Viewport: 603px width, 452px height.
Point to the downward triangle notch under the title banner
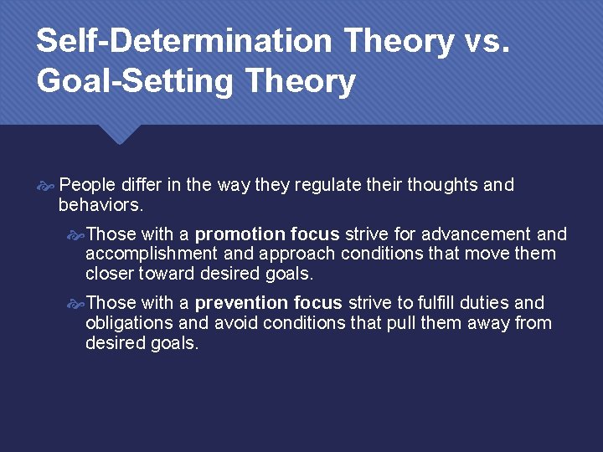118,134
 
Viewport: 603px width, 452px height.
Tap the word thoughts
443,185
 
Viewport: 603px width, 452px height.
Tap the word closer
111,273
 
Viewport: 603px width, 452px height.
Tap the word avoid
234,322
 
